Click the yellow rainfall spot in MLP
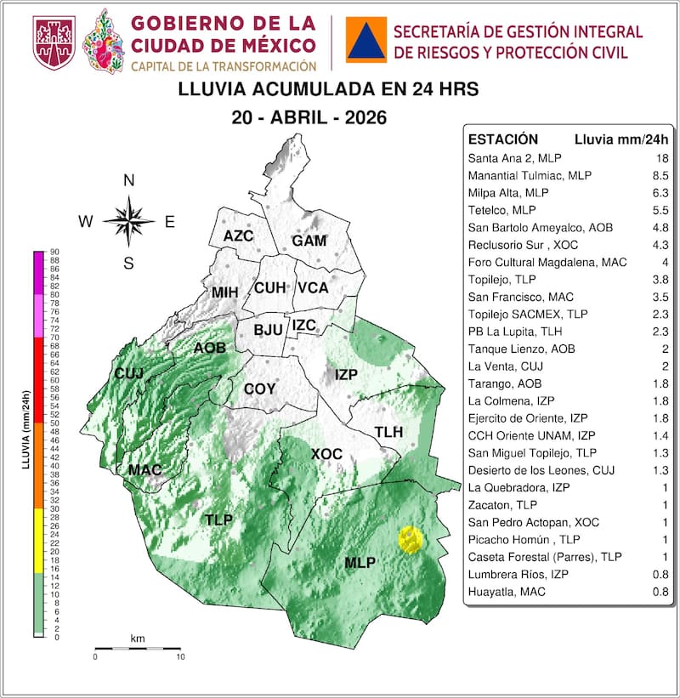coord(411,540)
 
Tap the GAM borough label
coord(309,241)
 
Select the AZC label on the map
coord(238,236)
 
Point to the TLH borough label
coord(388,432)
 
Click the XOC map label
coord(326,454)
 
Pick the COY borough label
coord(259,389)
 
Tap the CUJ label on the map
coord(129,373)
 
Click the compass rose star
coord(128,221)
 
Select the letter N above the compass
coord(129,180)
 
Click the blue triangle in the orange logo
coord(365,40)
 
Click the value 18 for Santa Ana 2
coord(660,158)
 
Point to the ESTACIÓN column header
coord(503,139)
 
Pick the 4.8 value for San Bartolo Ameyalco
coord(660,228)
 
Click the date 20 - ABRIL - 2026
coord(309,118)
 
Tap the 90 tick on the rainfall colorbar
coord(54,252)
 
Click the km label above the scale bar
coord(137,638)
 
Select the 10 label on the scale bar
coord(179,657)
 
